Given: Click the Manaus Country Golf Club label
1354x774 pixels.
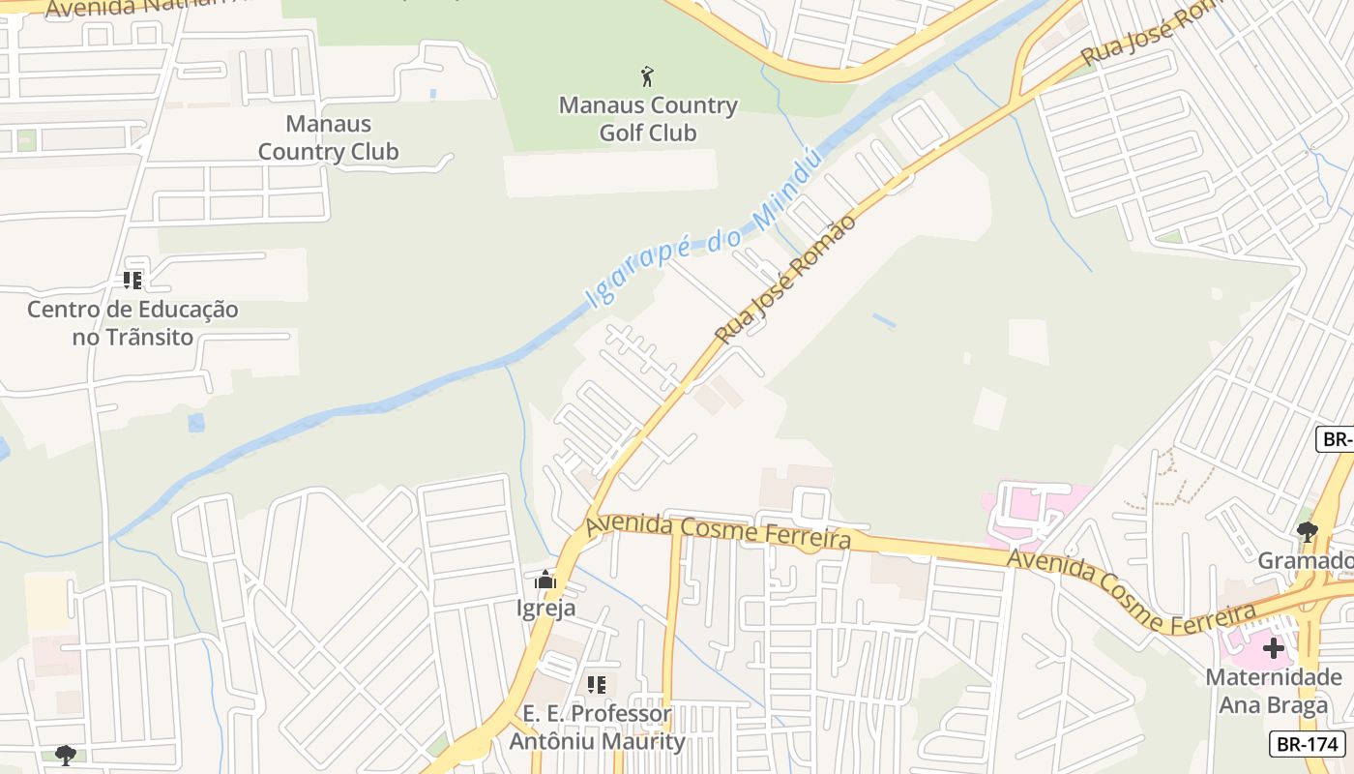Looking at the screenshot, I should (x=648, y=119).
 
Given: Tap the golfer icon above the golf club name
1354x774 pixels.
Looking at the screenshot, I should (x=648, y=75).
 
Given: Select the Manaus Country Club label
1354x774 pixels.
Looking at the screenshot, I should (x=328, y=137).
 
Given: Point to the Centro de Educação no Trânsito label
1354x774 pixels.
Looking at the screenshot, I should (x=132, y=323).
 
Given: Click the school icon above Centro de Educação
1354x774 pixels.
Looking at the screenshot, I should (x=132, y=281).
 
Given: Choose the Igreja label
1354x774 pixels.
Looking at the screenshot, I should (x=546, y=609).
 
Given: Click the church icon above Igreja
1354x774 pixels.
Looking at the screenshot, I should (x=546, y=580).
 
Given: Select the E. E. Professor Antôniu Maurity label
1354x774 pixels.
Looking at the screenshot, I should (x=597, y=728).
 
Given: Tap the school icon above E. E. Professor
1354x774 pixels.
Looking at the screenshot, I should (x=597, y=685).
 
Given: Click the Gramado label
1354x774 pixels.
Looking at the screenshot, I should (x=1306, y=561).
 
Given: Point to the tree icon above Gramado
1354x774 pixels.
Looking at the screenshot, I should (x=1308, y=531).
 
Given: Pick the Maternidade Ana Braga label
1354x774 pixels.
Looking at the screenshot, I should (x=1274, y=691).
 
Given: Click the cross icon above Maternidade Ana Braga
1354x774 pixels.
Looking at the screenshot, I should (x=1274, y=648).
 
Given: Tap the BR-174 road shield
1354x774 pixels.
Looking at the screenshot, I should (x=1308, y=744).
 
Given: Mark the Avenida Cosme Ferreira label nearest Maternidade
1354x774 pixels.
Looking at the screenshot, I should (x=1132, y=589).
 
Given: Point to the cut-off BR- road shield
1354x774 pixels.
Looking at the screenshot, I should (x=1337, y=439).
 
